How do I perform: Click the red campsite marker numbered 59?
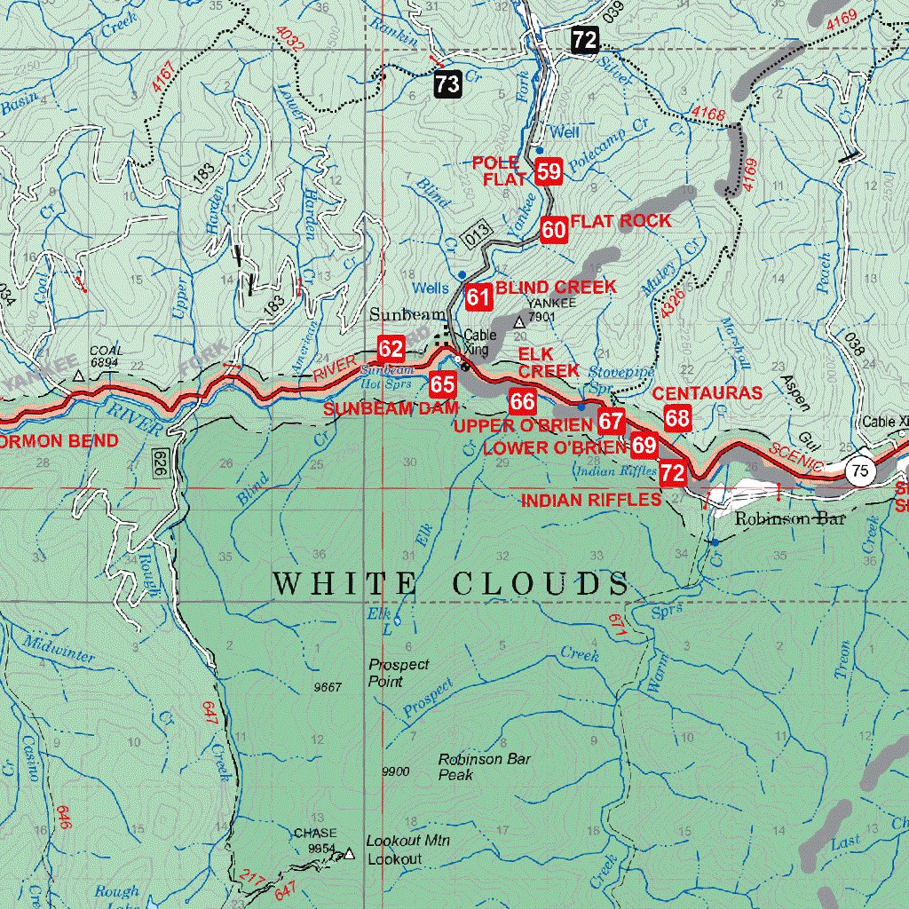[x=549, y=171]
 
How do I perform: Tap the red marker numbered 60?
[x=554, y=230]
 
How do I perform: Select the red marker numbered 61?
[x=479, y=296]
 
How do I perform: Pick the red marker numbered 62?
[x=391, y=348]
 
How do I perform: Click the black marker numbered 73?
[x=448, y=84]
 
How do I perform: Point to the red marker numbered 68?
[x=677, y=418]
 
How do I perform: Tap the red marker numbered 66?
[x=522, y=402]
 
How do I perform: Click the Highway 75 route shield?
[x=858, y=471]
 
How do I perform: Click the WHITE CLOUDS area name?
[x=451, y=584]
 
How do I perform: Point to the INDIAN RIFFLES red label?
[x=590, y=500]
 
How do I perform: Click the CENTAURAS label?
[x=707, y=392]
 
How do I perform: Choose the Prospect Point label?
[x=399, y=673]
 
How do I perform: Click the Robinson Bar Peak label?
[x=484, y=767]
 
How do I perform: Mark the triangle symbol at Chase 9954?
[x=349, y=854]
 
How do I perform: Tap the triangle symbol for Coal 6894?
[x=79, y=375]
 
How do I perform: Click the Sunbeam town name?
[x=399, y=314]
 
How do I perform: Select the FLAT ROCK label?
[x=620, y=220]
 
